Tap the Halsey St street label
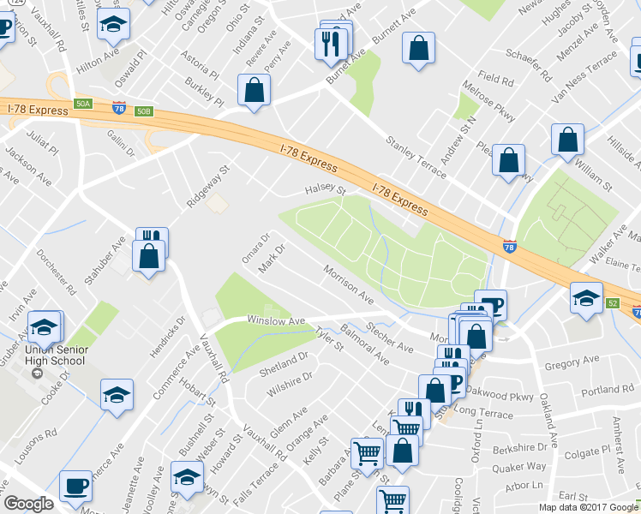click(326, 191)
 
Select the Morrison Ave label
click(349, 285)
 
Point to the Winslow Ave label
click(276, 321)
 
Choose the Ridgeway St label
click(210, 188)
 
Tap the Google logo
click(28, 504)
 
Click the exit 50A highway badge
click(83, 104)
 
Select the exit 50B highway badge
click(144, 111)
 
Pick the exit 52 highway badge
click(612, 303)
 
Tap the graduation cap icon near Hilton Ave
click(111, 28)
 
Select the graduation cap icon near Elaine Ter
click(586, 298)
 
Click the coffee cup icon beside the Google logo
click(76, 486)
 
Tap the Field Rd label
click(496, 81)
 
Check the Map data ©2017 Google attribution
click(587, 507)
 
